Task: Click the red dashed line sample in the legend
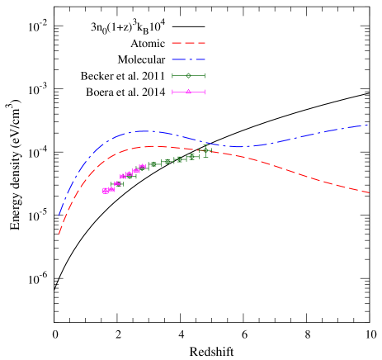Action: click(188, 43)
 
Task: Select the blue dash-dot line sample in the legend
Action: click(188, 59)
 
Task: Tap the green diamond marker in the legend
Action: click(188, 76)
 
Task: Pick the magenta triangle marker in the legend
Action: click(188, 92)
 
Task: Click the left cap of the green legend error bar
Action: click(172, 76)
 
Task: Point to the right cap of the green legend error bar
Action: click(205, 76)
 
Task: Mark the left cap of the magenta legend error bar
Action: click(172, 92)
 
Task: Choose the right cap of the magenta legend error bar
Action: click(205, 92)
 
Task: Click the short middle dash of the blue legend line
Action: click(189, 59)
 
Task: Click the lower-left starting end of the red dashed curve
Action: click(59, 234)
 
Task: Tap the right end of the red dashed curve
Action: click(369, 192)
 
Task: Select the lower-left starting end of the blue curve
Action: click(59, 216)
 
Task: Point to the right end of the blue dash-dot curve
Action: click(368, 125)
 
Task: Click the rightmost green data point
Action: click(205, 150)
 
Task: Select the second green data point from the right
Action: click(191, 156)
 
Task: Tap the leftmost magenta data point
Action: click(106, 191)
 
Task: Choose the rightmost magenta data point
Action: click(143, 167)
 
